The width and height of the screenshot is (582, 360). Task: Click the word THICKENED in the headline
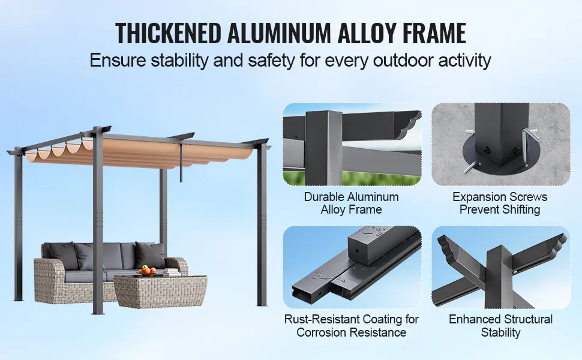point(168,33)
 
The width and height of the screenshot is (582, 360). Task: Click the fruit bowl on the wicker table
point(147,271)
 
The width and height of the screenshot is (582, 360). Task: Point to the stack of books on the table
point(172,272)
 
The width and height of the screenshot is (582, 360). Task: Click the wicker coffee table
point(160,292)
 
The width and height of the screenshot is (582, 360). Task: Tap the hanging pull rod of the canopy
point(181,163)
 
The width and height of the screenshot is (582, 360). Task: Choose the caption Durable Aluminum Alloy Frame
point(351,203)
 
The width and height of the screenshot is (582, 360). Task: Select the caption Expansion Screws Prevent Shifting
point(500,203)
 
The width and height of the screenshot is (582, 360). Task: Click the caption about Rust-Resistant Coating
point(351,325)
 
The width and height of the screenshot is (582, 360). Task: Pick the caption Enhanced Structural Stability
point(500,325)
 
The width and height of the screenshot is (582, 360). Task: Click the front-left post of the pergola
point(98,223)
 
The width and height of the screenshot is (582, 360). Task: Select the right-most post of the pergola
point(262,224)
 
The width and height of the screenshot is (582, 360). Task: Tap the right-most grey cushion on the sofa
point(150,255)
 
